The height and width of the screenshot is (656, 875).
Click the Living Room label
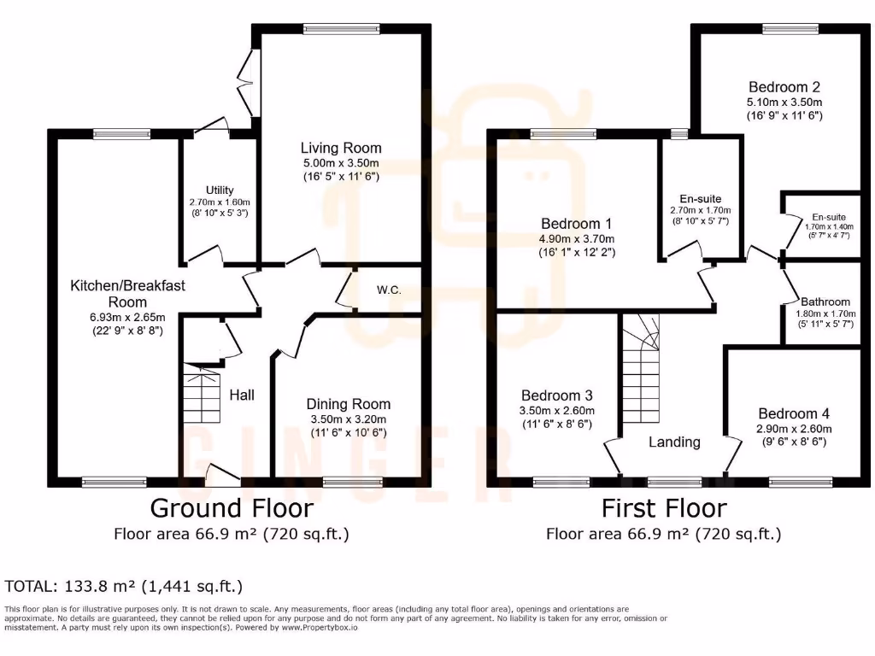click(341, 149)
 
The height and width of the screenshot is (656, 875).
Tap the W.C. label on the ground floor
click(389, 290)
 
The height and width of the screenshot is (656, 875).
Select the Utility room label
click(220, 190)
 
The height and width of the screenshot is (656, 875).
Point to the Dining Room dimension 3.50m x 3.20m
click(348, 419)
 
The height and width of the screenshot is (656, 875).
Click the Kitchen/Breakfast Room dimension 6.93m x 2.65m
click(116, 316)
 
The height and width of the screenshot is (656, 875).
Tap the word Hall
click(242, 395)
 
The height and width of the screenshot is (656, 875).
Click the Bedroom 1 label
click(576, 224)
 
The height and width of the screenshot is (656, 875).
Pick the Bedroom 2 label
click(784, 87)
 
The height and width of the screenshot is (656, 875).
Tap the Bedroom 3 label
click(557, 396)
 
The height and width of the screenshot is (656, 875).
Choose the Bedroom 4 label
click(794, 413)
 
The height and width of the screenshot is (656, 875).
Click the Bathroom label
click(825, 302)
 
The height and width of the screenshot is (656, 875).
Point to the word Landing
click(674, 442)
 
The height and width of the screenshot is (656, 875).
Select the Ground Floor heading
click(232, 508)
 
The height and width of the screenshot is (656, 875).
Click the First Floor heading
click(664, 508)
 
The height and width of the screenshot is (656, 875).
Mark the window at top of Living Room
click(341, 29)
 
